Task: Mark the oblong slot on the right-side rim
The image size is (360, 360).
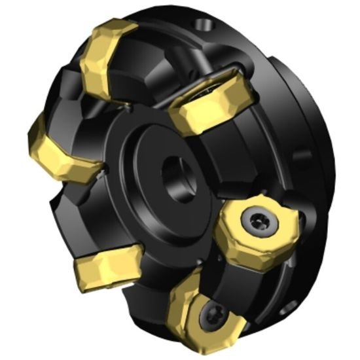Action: pyautogui.click(x=302, y=158)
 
